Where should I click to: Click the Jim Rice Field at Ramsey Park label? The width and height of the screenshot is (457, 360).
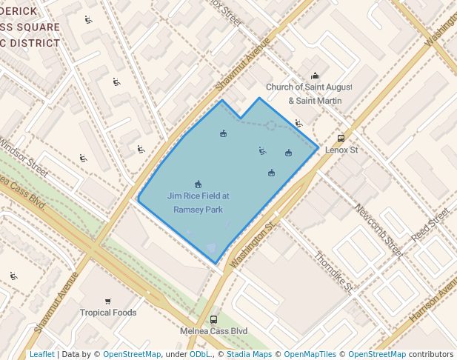199,203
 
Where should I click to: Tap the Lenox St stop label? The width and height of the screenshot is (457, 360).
341,150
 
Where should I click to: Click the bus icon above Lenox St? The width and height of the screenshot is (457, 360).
341,138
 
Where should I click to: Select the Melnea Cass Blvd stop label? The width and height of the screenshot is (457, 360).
213,331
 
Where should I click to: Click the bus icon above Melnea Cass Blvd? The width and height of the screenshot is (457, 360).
213,319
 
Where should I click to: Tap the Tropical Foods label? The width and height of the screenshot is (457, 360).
108,313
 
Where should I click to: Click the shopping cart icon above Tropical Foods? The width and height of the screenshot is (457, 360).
108,301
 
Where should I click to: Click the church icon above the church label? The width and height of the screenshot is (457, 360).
315,76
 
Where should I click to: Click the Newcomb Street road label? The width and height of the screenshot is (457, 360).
378,230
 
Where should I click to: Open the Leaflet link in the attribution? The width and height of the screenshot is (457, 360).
41,354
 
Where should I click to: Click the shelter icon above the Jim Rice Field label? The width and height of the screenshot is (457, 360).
198,184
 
